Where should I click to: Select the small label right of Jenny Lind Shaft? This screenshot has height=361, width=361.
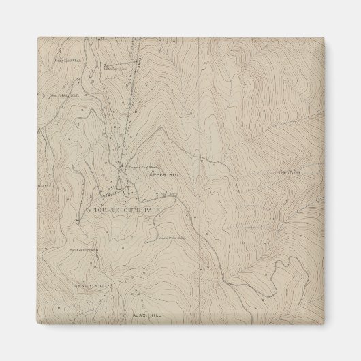[114, 67]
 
